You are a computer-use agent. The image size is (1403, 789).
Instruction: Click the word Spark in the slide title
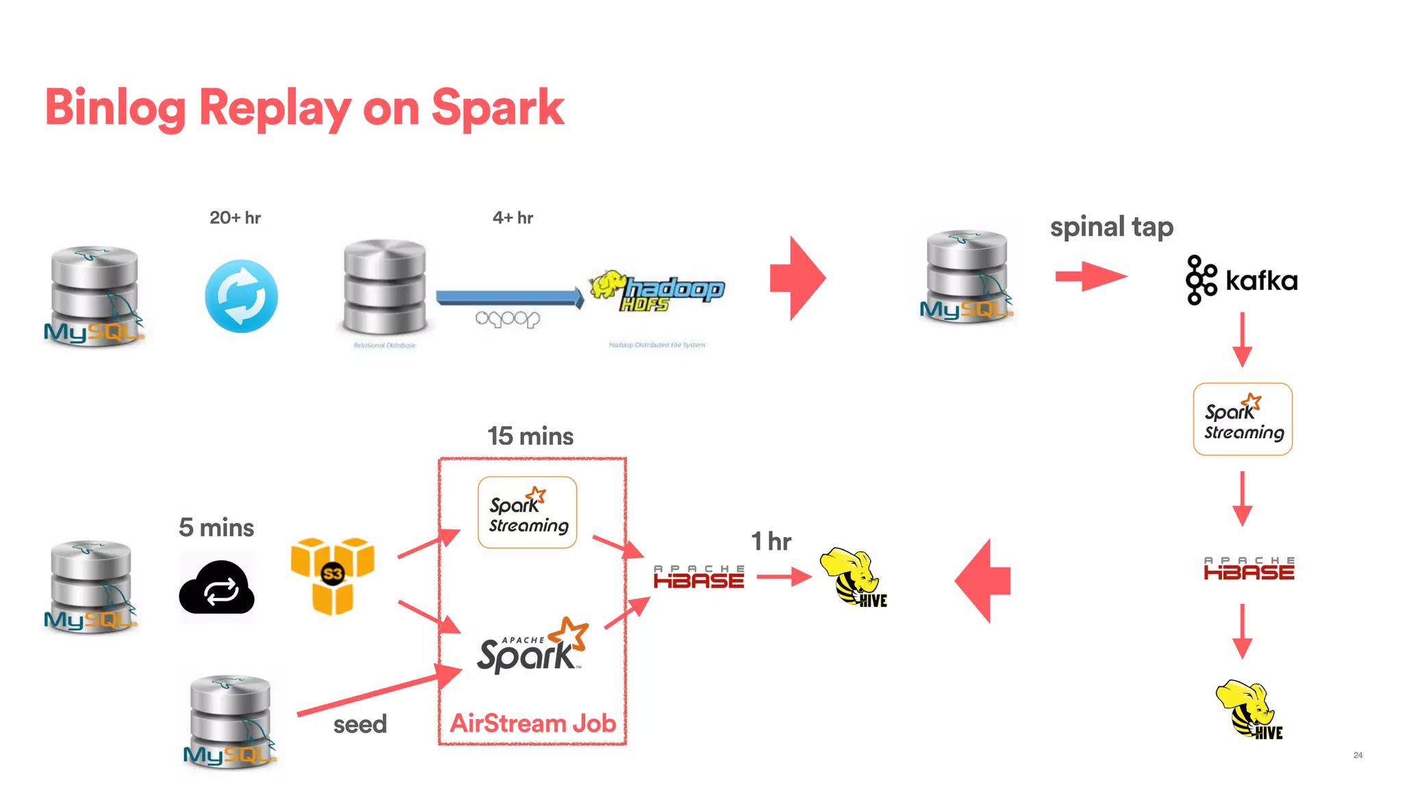pyautogui.click(x=497, y=108)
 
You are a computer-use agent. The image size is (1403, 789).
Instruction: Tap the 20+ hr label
pyautogui.click(x=235, y=218)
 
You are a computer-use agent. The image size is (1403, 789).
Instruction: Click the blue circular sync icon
pyautogui.click(x=241, y=296)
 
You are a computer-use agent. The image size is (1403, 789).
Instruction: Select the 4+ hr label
pyautogui.click(x=512, y=218)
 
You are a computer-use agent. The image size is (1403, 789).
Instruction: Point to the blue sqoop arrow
pyautogui.click(x=508, y=297)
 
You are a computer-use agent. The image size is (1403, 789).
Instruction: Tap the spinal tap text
pyautogui.click(x=1111, y=227)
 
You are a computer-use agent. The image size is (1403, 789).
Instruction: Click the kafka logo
pyautogui.click(x=1241, y=279)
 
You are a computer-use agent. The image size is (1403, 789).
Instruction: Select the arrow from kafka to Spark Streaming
pyautogui.click(x=1242, y=340)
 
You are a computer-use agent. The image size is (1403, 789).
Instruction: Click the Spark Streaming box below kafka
pyautogui.click(x=1243, y=419)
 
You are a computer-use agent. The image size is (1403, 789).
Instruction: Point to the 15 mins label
pyautogui.click(x=530, y=436)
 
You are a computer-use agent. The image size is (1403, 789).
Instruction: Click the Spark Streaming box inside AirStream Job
pyautogui.click(x=527, y=512)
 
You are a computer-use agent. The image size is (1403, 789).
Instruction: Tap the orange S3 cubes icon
pyautogui.click(x=333, y=575)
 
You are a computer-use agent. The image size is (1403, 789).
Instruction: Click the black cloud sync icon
pyautogui.click(x=216, y=588)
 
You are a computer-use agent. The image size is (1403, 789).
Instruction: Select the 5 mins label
pyautogui.click(x=216, y=527)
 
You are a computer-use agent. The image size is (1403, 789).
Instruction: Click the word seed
pyautogui.click(x=360, y=724)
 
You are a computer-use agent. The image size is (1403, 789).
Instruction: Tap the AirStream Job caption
pyautogui.click(x=532, y=723)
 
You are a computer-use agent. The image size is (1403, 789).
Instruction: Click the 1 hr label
pyautogui.click(x=771, y=541)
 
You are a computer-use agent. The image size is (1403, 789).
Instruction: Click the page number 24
pyautogui.click(x=1358, y=755)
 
